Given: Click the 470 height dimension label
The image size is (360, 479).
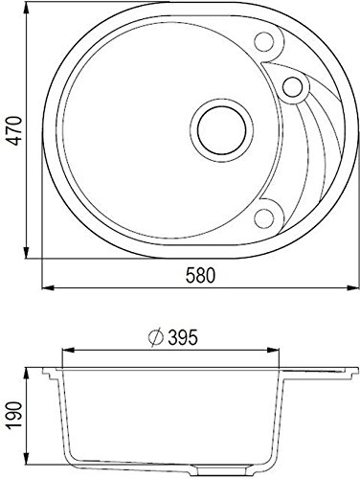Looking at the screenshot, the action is click(15, 131).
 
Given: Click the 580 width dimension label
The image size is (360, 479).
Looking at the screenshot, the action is click(201, 276).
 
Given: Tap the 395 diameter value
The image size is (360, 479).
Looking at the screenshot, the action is click(183, 337).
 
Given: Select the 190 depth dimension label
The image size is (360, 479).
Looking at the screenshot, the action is click(15, 415).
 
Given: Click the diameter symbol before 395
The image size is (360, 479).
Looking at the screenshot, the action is click(156, 338).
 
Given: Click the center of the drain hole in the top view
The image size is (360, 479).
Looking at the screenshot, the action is click(222, 131).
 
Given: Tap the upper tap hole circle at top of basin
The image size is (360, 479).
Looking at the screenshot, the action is click(264, 42).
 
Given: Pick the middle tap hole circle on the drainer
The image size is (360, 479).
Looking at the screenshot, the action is click(293, 87).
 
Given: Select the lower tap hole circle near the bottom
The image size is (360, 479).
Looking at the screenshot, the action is click(264, 218).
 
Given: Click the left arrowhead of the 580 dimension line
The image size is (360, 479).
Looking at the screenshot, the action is click(47, 288).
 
